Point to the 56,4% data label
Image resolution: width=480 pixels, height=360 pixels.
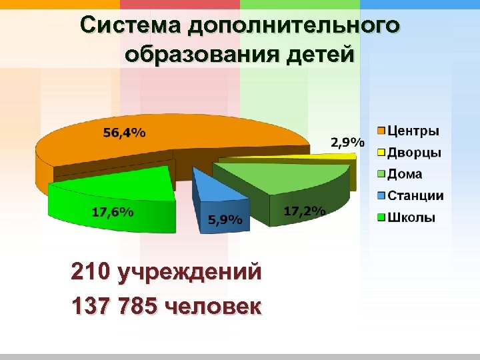[x=124, y=132]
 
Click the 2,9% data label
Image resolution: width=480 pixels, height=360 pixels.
[x=347, y=142]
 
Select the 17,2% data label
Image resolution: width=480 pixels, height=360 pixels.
[x=304, y=211]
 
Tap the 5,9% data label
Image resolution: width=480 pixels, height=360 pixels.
[x=226, y=220]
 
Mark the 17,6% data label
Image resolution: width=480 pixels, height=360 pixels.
[x=112, y=213]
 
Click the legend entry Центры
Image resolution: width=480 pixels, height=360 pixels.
[x=413, y=131]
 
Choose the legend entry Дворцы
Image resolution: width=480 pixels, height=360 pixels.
[x=414, y=153]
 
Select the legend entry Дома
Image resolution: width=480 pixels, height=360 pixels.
[x=405, y=174]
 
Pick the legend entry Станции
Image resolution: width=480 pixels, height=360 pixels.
[x=415, y=196]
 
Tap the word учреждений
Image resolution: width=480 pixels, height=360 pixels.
[x=189, y=273]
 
